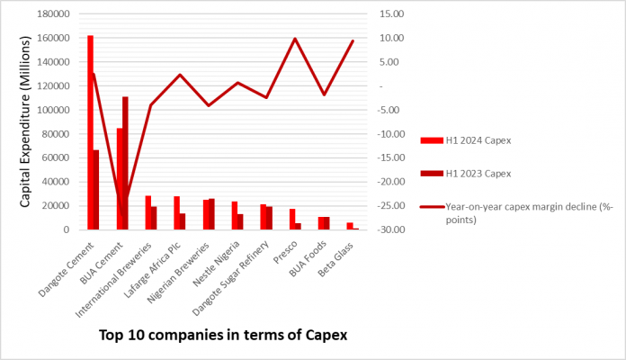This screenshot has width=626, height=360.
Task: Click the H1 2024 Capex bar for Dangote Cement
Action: click(x=90, y=132)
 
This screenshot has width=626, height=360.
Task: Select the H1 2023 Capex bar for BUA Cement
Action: click(x=125, y=163)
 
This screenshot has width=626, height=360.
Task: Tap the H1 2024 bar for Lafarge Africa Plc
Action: click(x=177, y=213)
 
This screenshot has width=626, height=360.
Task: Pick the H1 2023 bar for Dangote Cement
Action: click(x=96, y=190)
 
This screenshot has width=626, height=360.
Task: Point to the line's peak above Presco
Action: click(x=295, y=39)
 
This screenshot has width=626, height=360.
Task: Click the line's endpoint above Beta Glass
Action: click(x=353, y=40)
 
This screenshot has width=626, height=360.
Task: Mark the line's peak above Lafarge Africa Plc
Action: click(x=180, y=75)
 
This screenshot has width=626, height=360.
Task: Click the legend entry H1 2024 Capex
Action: click(x=466, y=140)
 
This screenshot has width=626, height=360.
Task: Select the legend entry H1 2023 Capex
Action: click(x=466, y=174)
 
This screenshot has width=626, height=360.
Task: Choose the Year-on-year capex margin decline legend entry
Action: click(x=516, y=213)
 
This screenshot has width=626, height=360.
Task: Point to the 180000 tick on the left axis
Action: click(x=53, y=14)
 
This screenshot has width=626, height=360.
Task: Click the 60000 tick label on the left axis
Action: click(x=57, y=157)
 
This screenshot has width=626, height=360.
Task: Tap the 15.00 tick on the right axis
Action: click(x=391, y=14)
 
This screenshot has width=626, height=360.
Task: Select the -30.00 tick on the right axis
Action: click(x=391, y=229)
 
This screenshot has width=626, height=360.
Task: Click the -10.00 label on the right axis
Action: click(x=391, y=134)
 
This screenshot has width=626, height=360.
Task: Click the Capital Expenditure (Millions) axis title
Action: click(x=25, y=121)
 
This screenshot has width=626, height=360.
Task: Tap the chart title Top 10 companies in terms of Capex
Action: click(x=223, y=335)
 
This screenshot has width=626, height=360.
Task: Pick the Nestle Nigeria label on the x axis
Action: click(x=217, y=264)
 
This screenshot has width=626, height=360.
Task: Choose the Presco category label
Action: click(x=285, y=252)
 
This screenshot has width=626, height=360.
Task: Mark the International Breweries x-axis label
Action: click(x=114, y=280)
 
